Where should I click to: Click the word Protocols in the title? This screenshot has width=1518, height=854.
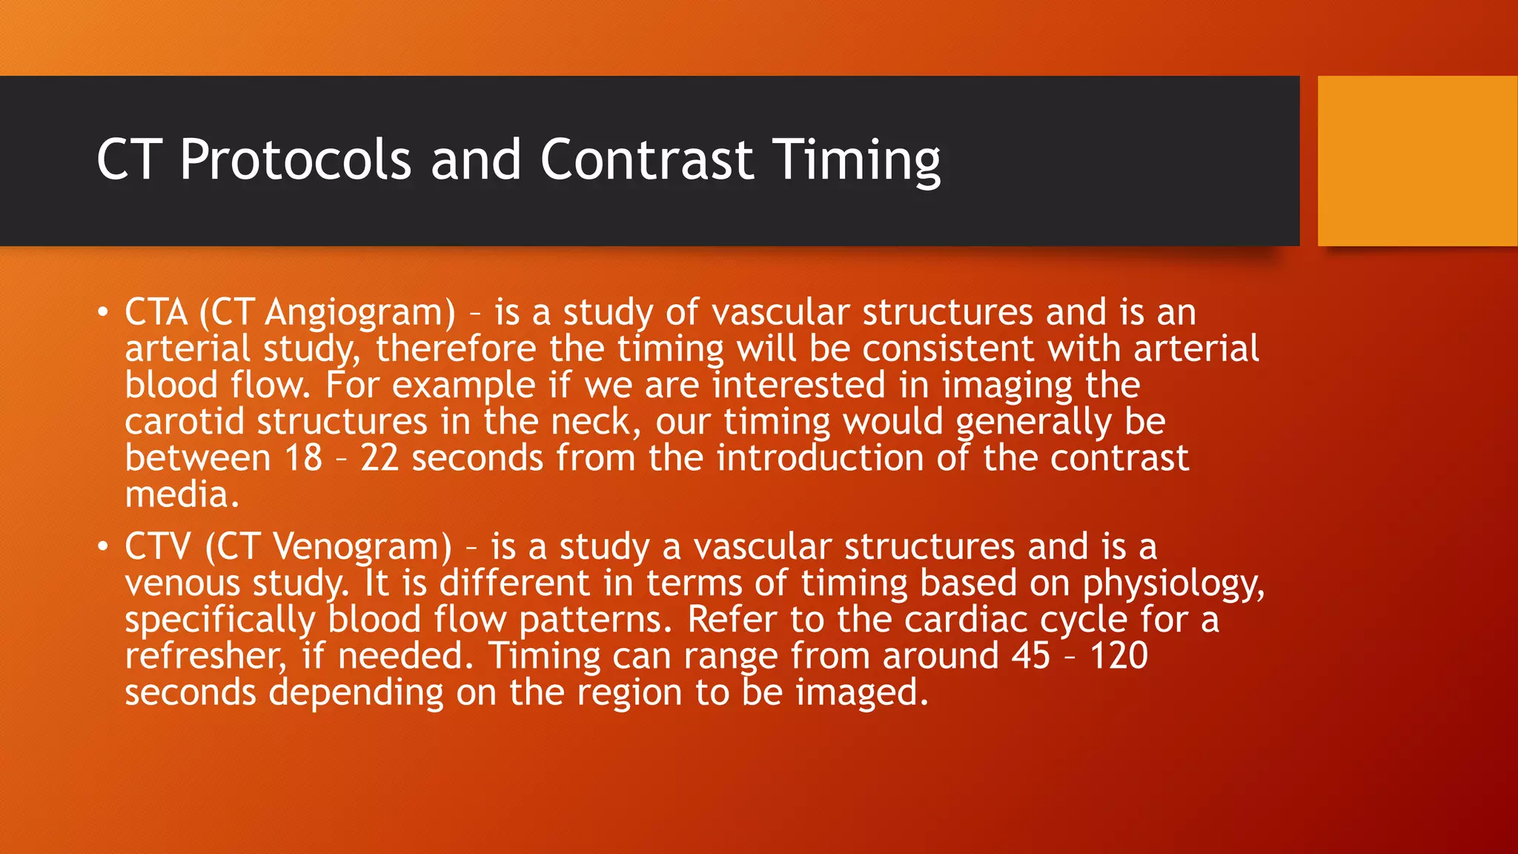295,159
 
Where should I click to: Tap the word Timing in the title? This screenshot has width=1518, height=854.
856,159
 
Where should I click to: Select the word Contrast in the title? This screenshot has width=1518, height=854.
646,159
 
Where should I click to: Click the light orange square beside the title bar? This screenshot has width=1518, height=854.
1417,161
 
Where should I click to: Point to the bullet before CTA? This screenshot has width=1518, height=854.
103,312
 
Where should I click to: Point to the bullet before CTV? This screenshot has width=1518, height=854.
103,547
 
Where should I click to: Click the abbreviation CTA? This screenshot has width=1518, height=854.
156,312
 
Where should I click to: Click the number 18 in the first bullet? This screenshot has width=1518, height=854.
304,458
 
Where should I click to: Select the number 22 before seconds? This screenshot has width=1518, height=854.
379,458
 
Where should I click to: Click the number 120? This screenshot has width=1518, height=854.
1119,655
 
